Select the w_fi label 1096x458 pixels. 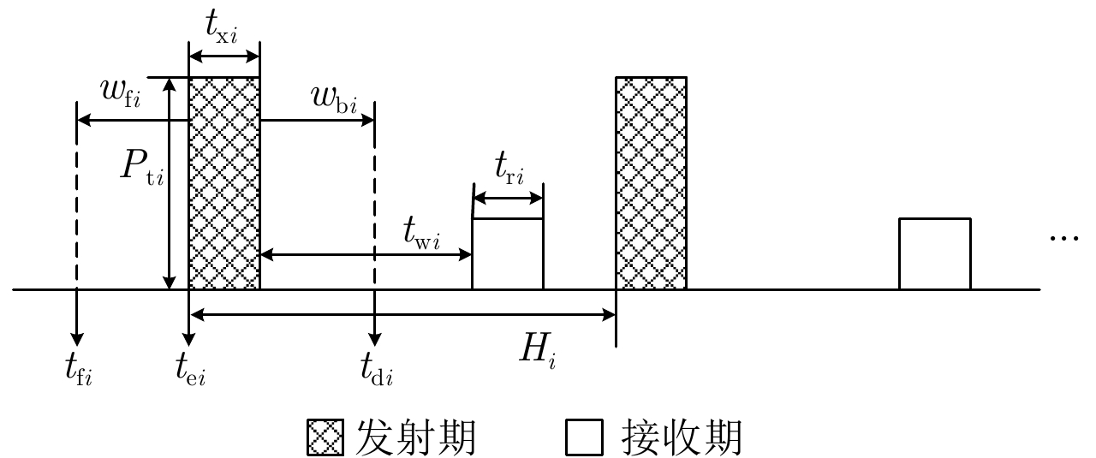pyautogui.click(x=121, y=92)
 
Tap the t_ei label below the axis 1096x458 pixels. pyautogui.click(x=190, y=370)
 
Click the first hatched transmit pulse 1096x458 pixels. pyautogui.click(x=223, y=183)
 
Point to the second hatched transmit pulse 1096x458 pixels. pyautogui.click(x=651, y=183)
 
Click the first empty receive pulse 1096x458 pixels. pyautogui.click(x=508, y=254)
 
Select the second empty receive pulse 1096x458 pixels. pyautogui.click(x=934, y=254)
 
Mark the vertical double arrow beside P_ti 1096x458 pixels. pyautogui.click(x=170, y=183)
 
